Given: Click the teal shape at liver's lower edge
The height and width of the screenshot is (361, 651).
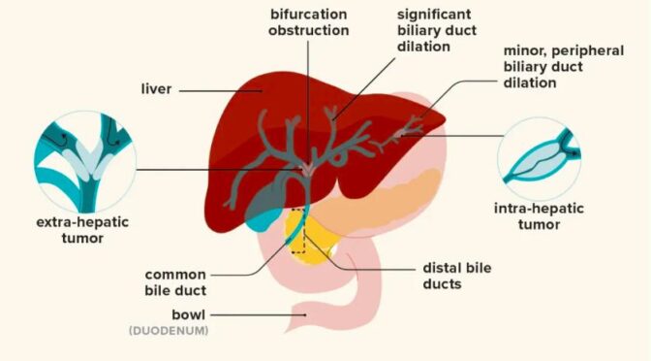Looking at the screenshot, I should coord(256,219).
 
